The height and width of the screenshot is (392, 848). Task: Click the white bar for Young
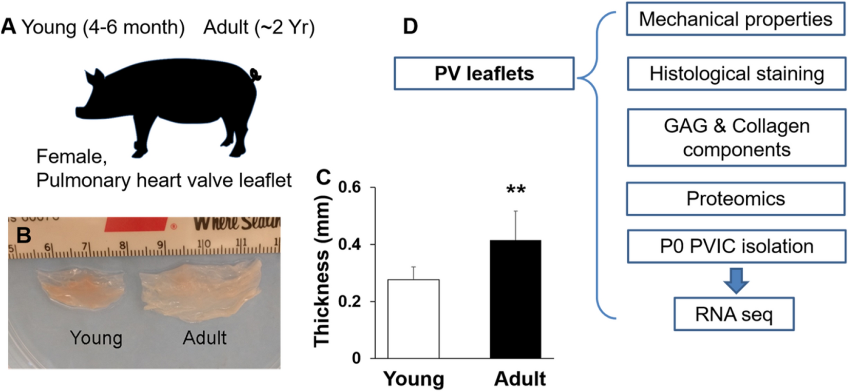[413, 319]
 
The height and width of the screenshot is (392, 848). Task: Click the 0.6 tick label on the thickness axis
[350, 188]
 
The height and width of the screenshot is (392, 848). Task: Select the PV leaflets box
[484, 73]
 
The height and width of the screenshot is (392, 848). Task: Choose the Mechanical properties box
[735, 20]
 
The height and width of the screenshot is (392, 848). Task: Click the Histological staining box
[736, 74]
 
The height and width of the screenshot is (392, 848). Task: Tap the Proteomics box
[735, 199]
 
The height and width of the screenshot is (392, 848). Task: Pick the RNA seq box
[734, 314]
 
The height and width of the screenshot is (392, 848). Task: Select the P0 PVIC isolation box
[736, 246]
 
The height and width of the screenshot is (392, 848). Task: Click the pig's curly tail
[255, 75]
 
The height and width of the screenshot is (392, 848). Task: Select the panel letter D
[410, 26]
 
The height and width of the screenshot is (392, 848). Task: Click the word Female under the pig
[71, 156]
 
